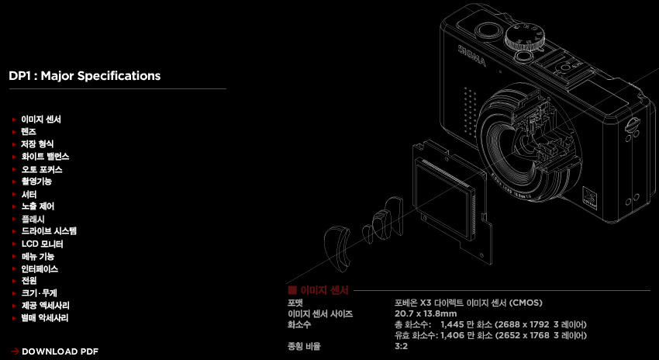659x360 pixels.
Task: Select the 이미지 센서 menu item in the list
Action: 41,119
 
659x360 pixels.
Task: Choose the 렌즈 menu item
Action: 29,132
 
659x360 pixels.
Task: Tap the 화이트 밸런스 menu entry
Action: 46,157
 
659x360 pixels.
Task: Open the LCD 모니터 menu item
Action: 43,244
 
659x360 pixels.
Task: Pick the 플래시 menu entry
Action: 33,219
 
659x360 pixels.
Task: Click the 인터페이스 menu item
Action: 40,268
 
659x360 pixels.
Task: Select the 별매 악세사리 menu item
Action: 45,318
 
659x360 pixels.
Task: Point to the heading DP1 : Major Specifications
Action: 85,76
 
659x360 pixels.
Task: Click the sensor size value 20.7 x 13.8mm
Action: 426,313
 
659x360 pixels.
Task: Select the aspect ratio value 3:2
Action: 401,347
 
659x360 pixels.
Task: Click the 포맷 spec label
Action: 295,303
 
